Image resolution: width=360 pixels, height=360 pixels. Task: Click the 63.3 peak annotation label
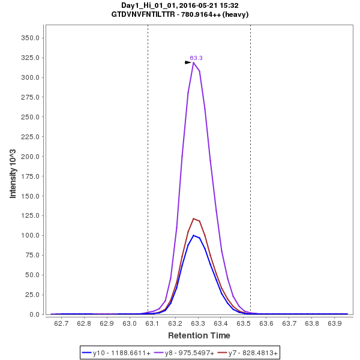(x=196, y=58)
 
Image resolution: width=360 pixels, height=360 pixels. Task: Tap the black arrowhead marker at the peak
(x=188, y=62)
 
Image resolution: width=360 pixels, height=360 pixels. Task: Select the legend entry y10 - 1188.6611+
(x=118, y=353)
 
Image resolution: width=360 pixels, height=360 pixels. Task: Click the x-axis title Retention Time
(x=199, y=335)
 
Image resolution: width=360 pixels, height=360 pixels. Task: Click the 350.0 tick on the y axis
(x=30, y=38)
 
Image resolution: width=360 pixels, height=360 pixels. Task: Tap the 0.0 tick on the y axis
(x=34, y=314)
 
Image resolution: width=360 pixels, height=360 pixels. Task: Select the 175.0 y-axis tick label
(x=30, y=176)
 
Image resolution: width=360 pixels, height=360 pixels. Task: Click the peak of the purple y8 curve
(x=193, y=62)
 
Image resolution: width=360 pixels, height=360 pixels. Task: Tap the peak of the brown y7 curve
(x=193, y=218)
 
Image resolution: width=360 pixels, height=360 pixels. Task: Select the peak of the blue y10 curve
(x=193, y=235)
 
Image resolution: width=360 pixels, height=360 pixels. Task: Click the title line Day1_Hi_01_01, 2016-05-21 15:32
(x=180, y=5)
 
